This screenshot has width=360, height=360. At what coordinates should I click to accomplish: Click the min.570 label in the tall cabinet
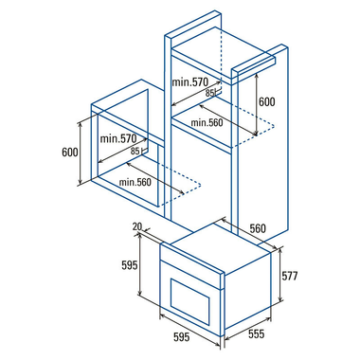tap(190, 82)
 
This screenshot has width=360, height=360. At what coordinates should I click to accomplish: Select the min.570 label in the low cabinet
tap(118, 138)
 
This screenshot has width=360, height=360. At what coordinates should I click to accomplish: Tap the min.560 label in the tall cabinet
tap(207, 122)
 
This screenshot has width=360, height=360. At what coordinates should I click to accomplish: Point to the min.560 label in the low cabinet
tap(135, 182)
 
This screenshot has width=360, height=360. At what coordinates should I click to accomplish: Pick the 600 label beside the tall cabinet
tap(267, 101)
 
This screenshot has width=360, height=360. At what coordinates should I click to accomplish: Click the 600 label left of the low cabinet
tap(70, 153)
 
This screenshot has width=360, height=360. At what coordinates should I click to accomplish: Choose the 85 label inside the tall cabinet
tap(209, 93)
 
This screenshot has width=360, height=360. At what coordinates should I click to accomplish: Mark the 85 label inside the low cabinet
tap(135, 152)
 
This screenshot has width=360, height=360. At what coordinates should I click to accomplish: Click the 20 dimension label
tap(137, 226)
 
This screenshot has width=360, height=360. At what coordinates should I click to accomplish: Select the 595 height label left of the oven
tap(130, 265)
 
